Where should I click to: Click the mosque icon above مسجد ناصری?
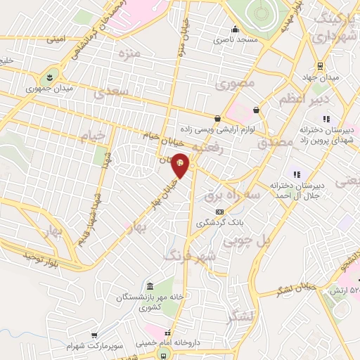point(235,30)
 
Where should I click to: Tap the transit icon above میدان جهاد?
point(320,66)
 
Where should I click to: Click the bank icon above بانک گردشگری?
point(220,212)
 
